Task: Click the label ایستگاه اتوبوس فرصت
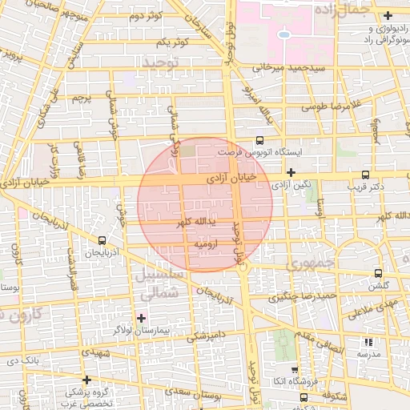[x=247, y=151]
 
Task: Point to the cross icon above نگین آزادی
[x=291, y=172]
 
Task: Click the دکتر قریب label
[x=364, y=187]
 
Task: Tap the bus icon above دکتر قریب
[x=366, y=175]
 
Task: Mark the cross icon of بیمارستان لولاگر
[x=141, y=318]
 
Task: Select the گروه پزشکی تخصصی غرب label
[x=89, y=397]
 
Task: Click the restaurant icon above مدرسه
[x=368, y=342]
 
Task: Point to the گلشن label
[x=378, y=286]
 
